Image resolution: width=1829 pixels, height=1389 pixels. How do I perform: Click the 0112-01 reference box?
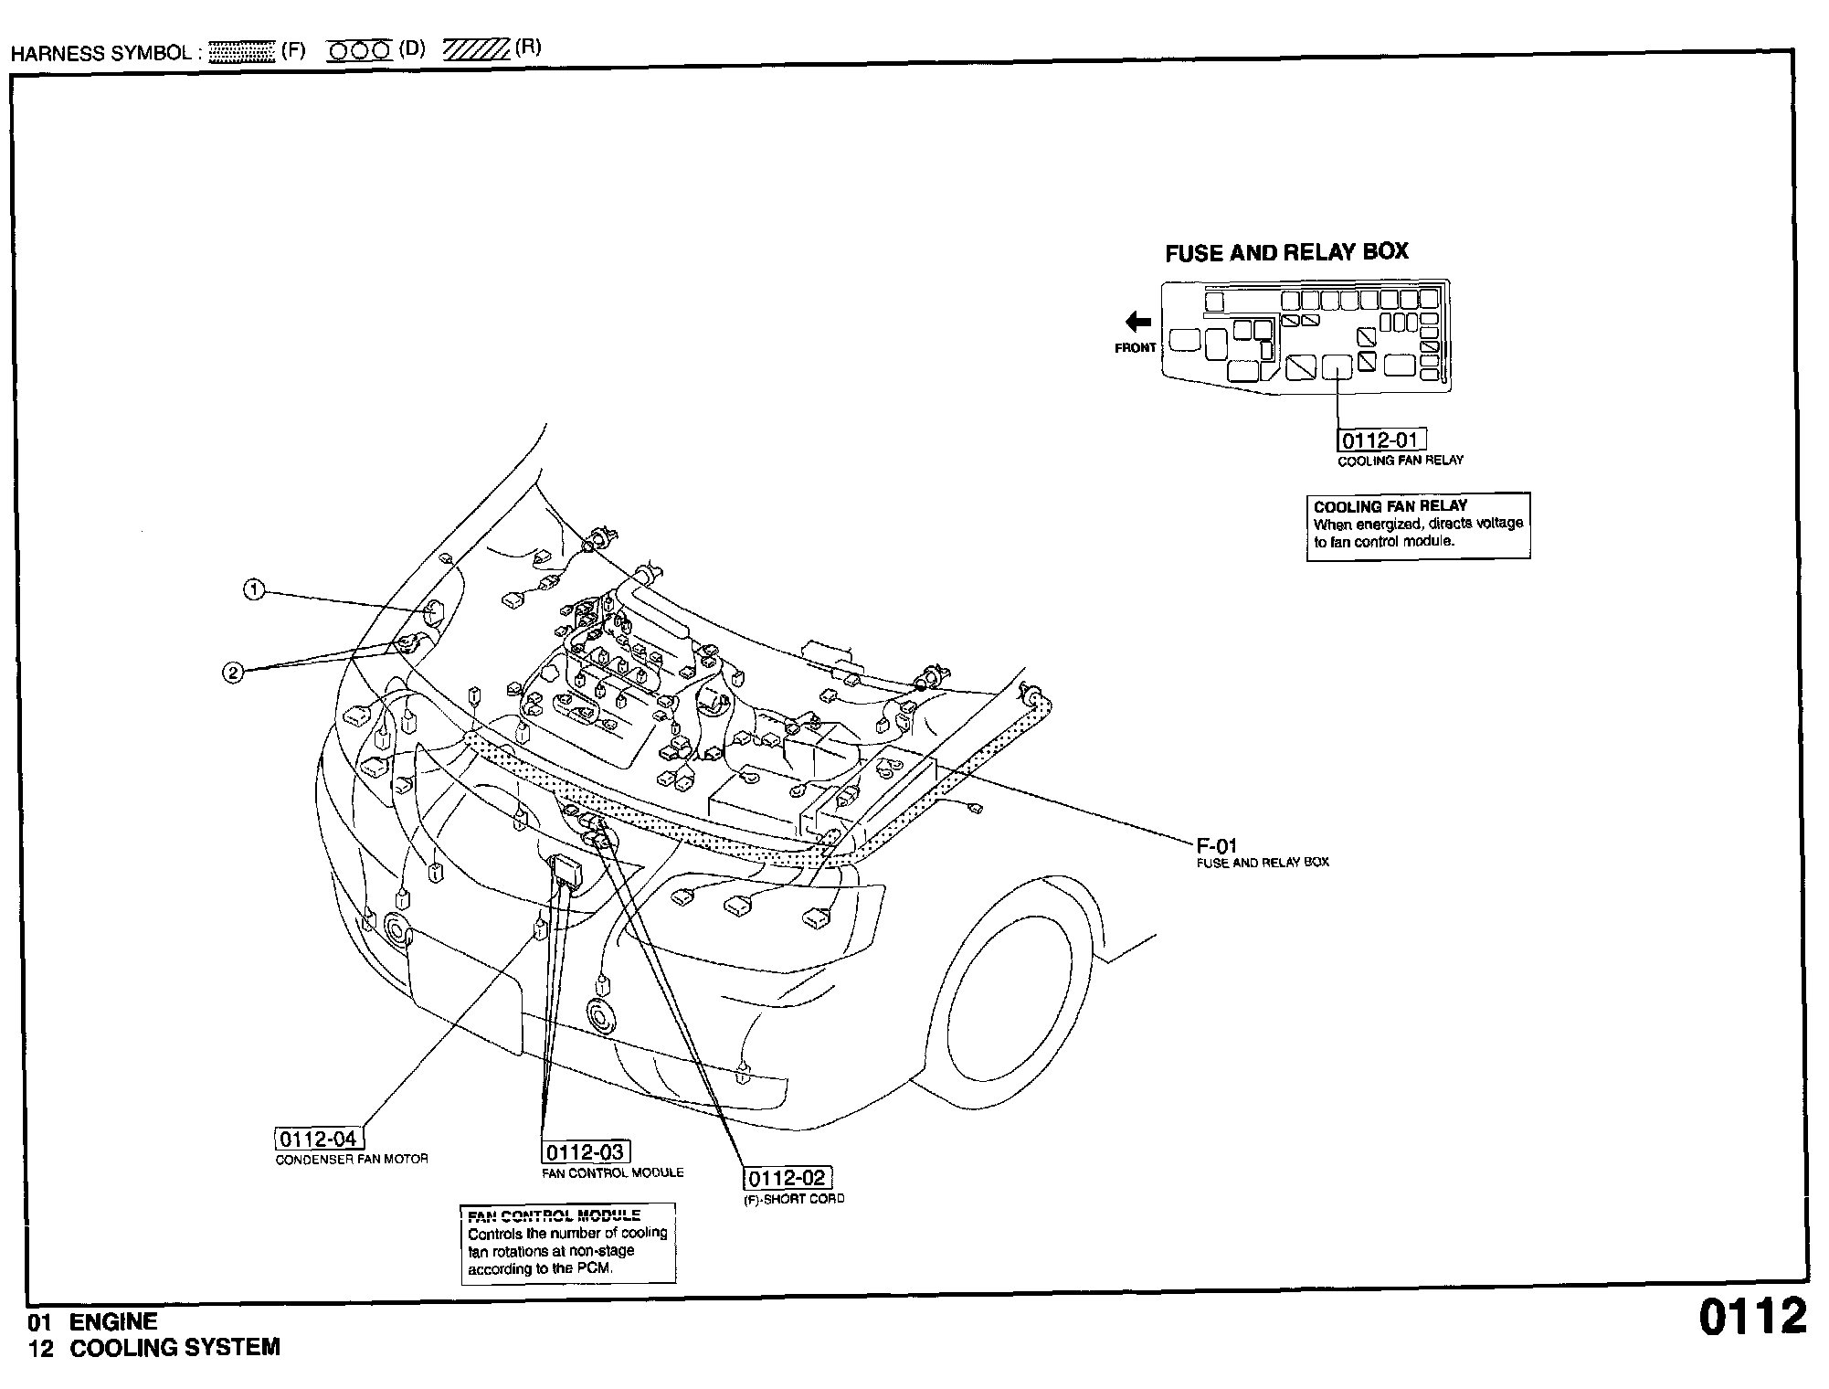click(x=1381, y=440)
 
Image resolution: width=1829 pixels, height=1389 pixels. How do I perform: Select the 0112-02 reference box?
click(x=787, y=1178)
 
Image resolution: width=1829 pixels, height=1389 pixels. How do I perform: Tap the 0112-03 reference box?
click(x=585, y=1152)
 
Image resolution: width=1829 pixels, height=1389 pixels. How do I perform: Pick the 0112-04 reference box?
click(x=318, y=1139)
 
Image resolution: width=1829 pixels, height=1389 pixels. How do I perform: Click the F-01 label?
click(x=1216, y=846)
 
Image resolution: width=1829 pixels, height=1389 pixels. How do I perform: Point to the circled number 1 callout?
click(x=254, y=590)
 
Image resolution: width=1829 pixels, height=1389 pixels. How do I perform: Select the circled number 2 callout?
click(x=233, y=673)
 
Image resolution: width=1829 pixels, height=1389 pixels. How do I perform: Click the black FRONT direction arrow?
click(x=1137, y=321)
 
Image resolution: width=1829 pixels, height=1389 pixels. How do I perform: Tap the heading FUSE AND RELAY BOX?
click(x=1286, y=253)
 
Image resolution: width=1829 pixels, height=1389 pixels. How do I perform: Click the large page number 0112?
click(x=1752, y=1317)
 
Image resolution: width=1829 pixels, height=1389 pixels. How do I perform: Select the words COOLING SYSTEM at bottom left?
click(x=174, y=1348)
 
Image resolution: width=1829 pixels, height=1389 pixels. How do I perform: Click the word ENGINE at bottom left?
click(x=113, y=1321)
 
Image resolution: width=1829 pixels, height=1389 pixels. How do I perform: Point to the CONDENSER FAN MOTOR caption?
click(x=352, y=1159)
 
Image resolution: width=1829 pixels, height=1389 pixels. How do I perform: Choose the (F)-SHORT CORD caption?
click(x=794, y=1198)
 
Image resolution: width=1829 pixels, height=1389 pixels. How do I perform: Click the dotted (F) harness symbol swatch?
click(x=241, y=51)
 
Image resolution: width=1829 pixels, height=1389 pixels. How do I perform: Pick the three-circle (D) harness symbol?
click(x=359, y=51)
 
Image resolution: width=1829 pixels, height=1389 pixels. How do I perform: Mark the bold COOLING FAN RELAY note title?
click(x=1390, y=506)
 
